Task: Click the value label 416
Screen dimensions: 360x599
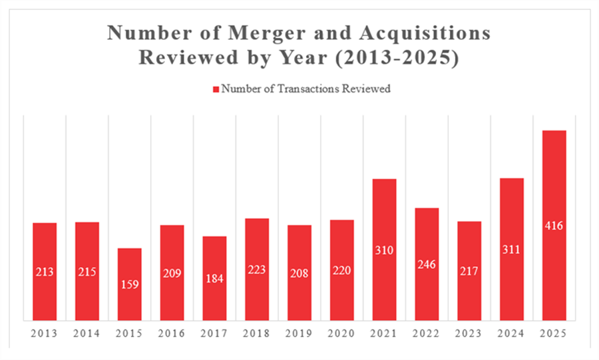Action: point(554,226)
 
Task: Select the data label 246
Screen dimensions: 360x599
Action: point(427,264)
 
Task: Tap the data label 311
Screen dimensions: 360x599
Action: point(512,250)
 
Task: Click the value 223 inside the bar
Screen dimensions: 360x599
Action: point(257,271)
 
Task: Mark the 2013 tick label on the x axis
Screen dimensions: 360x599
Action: point(45,333)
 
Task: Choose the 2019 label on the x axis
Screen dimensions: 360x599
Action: point(299,333)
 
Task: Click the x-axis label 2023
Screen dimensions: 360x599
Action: point(469,333)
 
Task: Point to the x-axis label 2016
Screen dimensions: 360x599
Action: point(172,333)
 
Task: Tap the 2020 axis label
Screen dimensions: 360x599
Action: point(342,333)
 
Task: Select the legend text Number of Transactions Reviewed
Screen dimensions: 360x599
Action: point(305,89)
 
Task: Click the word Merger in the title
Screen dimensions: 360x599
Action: point(254,33)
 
